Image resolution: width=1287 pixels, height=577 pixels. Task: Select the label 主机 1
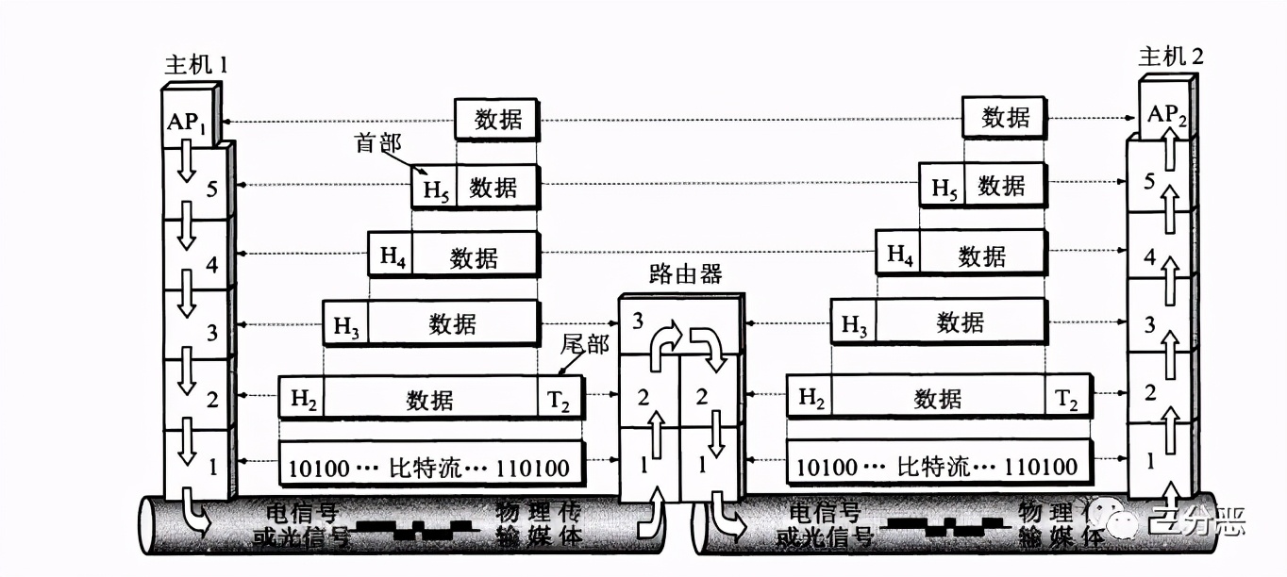(195, 65)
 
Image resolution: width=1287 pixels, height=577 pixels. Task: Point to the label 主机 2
(1171, 57)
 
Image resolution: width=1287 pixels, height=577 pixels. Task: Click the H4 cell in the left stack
(392, 255)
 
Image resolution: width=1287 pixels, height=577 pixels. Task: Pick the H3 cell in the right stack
(853, 324)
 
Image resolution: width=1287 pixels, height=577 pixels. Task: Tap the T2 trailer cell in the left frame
(560, 400)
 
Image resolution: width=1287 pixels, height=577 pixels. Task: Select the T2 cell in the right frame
(1067, 399)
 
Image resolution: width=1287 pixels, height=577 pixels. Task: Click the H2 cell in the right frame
(811, 398)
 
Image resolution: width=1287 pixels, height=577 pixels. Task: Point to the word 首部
(377, 143)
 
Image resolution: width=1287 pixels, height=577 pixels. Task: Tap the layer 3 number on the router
(638, 321)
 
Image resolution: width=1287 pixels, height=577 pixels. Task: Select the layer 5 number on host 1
(212, 188)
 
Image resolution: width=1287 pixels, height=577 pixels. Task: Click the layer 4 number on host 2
(1149, 256)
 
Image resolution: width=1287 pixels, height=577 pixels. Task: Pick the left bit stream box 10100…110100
(431, 467)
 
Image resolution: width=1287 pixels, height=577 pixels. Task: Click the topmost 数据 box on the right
(1005, 118)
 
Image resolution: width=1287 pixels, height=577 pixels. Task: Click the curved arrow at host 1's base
(196, 515)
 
